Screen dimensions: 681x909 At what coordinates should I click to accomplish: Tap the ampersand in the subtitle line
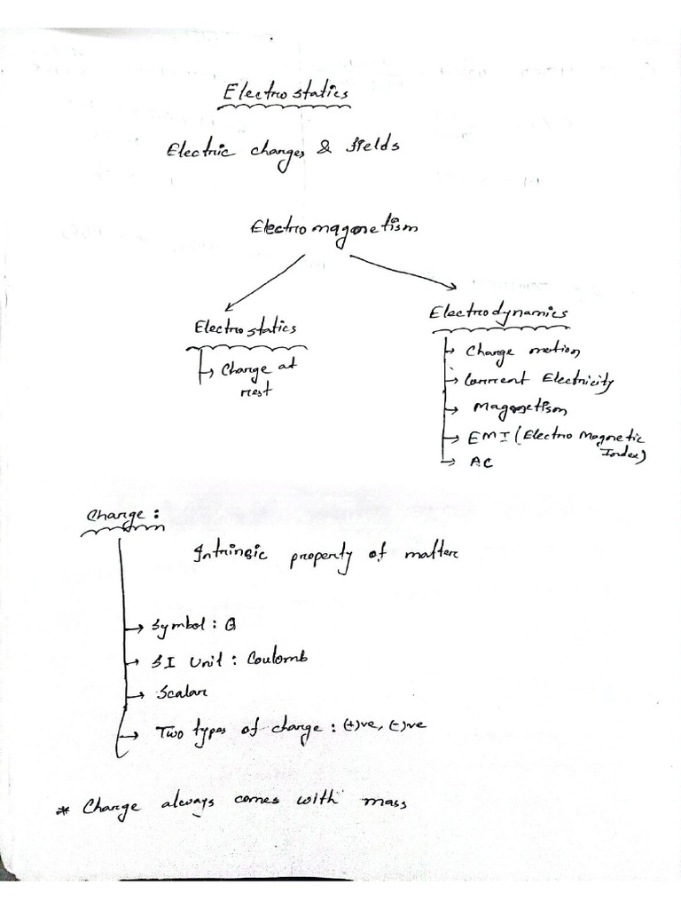325,149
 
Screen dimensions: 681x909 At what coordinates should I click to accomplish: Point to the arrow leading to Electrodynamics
403,272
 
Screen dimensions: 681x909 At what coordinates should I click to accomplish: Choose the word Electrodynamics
499,313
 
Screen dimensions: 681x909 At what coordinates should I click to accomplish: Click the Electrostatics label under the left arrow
246,328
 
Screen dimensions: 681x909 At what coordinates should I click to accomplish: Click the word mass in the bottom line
384,802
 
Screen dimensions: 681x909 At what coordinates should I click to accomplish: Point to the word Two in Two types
171,733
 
